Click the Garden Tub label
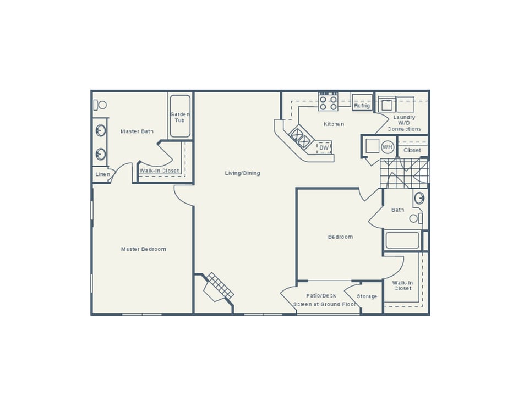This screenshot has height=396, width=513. click(x=179, y=117)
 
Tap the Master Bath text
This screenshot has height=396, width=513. click(x=137, y=131)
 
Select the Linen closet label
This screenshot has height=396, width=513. click(x=103, y=174)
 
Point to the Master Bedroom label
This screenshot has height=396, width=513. click(x=143, y=249)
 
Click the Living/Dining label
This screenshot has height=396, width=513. click(x=242, y=173)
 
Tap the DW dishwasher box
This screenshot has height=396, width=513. click(x=324, y=147)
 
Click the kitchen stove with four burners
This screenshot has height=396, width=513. click(x=328, y=103)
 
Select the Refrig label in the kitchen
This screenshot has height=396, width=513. click(x=362, y=106)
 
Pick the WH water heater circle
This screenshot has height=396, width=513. click(x=388, y=147)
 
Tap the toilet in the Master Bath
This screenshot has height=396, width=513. click(x=100, y=105)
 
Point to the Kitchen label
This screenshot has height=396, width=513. click(x=334, y=124)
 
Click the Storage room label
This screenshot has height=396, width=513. click(x=367, y=296)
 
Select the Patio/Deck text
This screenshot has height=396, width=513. click(x=321, y=296)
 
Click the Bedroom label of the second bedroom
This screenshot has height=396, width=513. click(x=340, y=237)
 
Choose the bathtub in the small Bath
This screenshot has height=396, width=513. click(x=402, y=240)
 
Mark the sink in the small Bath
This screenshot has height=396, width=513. click(x=419, y=198)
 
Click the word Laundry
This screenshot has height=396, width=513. click(x=404, y=117)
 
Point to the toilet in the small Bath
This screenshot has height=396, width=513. click(x=416, y=218)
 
